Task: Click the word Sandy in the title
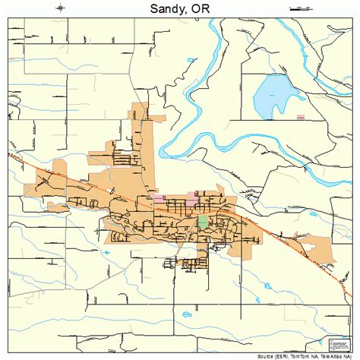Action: tap(161, 8)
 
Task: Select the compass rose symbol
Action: tap(60, 8)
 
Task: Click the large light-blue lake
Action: tap(274, 94)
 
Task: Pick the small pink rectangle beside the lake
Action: tap(301, 118)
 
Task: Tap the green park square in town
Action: tap(203, 222)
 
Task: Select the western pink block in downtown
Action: tap(159, 198)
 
